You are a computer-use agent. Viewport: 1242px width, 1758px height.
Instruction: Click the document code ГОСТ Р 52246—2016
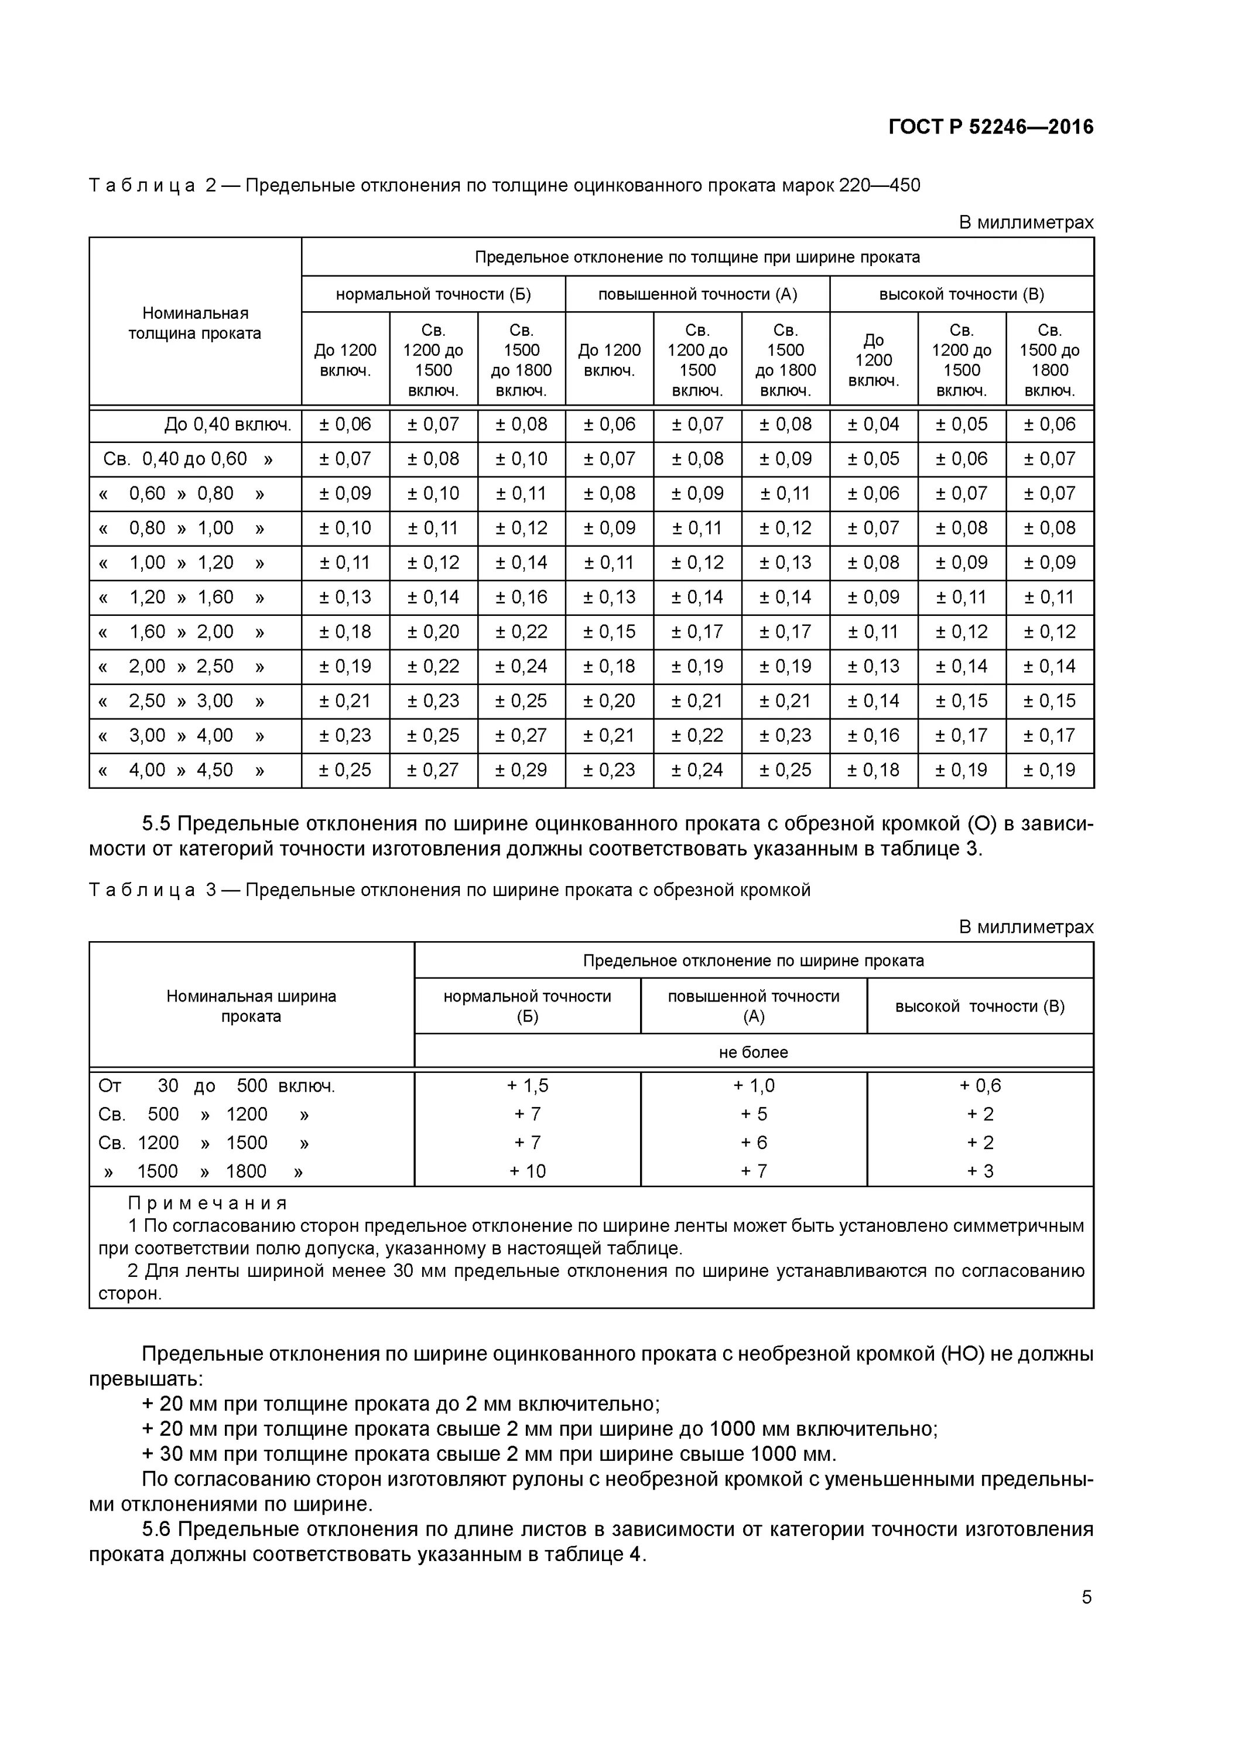pos(990,127)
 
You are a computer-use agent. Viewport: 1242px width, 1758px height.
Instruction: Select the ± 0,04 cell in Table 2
pos(873,424)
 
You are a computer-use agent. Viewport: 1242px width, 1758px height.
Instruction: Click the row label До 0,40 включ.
pos(227,424)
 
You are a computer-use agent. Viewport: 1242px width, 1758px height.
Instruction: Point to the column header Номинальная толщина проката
pos(195,323)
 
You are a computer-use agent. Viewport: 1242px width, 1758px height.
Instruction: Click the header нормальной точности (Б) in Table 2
pos(433,294)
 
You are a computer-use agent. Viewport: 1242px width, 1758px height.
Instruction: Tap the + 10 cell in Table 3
pos(527,1171)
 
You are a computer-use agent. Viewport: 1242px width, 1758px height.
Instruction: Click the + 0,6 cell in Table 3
pos(980,1086)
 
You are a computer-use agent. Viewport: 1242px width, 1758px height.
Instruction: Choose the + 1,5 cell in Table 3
pos(527,1086)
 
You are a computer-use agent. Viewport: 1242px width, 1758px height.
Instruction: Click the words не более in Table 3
pos(753,1052)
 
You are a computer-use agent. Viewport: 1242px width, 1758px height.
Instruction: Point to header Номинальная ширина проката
pos(251,1006)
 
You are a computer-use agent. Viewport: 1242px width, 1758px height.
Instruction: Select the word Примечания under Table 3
pos(207,1203)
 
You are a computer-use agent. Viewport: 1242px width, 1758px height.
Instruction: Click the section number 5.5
pos(156,824)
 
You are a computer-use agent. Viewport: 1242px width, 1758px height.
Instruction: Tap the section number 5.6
pos(156,1529)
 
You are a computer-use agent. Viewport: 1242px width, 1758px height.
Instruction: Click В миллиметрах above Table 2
pos(1025,223)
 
